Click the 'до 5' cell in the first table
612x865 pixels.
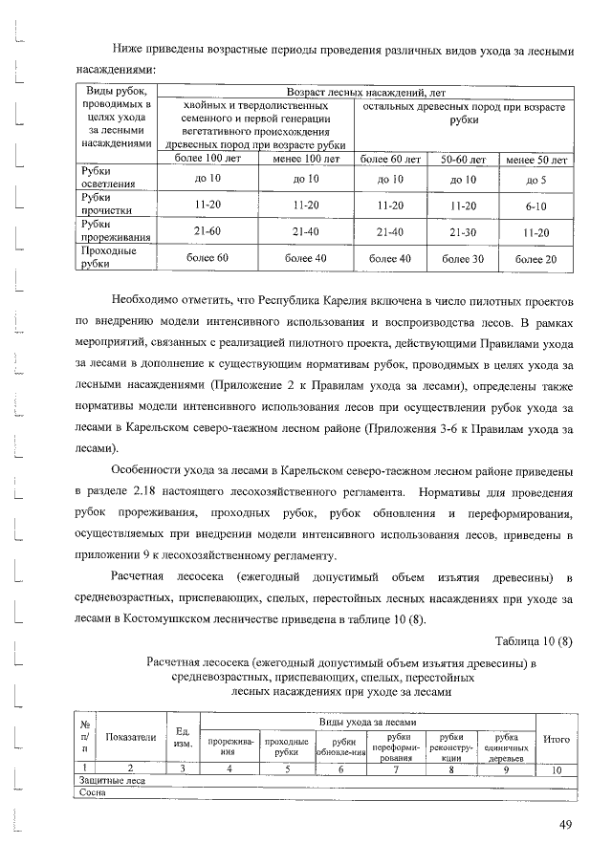[x=536, y=179]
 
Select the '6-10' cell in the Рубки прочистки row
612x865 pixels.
[x=536, y=205]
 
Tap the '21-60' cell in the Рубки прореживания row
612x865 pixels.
[x=208, y=231]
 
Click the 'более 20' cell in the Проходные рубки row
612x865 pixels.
[x=536, y=258]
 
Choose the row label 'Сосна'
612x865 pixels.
[x=92, y=792]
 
